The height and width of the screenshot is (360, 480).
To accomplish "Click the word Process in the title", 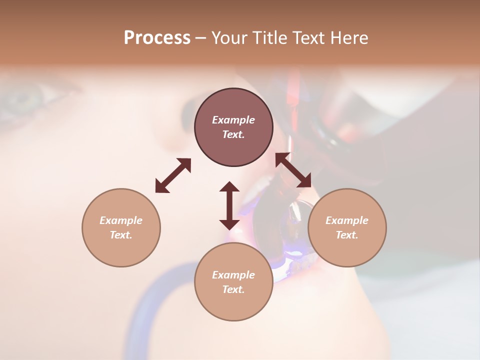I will [x=157, y=38].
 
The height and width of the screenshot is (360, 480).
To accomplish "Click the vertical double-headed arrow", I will [x=229, y=205].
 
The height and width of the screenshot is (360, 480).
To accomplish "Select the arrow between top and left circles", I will [x=173, y=175].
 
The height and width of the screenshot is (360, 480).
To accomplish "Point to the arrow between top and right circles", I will [x=293, y=170].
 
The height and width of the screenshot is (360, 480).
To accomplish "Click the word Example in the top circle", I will [x=233, y=120].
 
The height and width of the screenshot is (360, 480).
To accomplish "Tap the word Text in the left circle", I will [x=121, y=235].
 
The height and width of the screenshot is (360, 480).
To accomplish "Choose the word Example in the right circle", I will [x=347, y=220].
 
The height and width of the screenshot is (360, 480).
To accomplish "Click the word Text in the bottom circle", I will [x=233, y=289].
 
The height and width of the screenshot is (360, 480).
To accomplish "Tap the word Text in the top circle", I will [x=233, y=134].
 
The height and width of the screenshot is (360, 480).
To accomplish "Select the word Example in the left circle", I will [x=121, y=220].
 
